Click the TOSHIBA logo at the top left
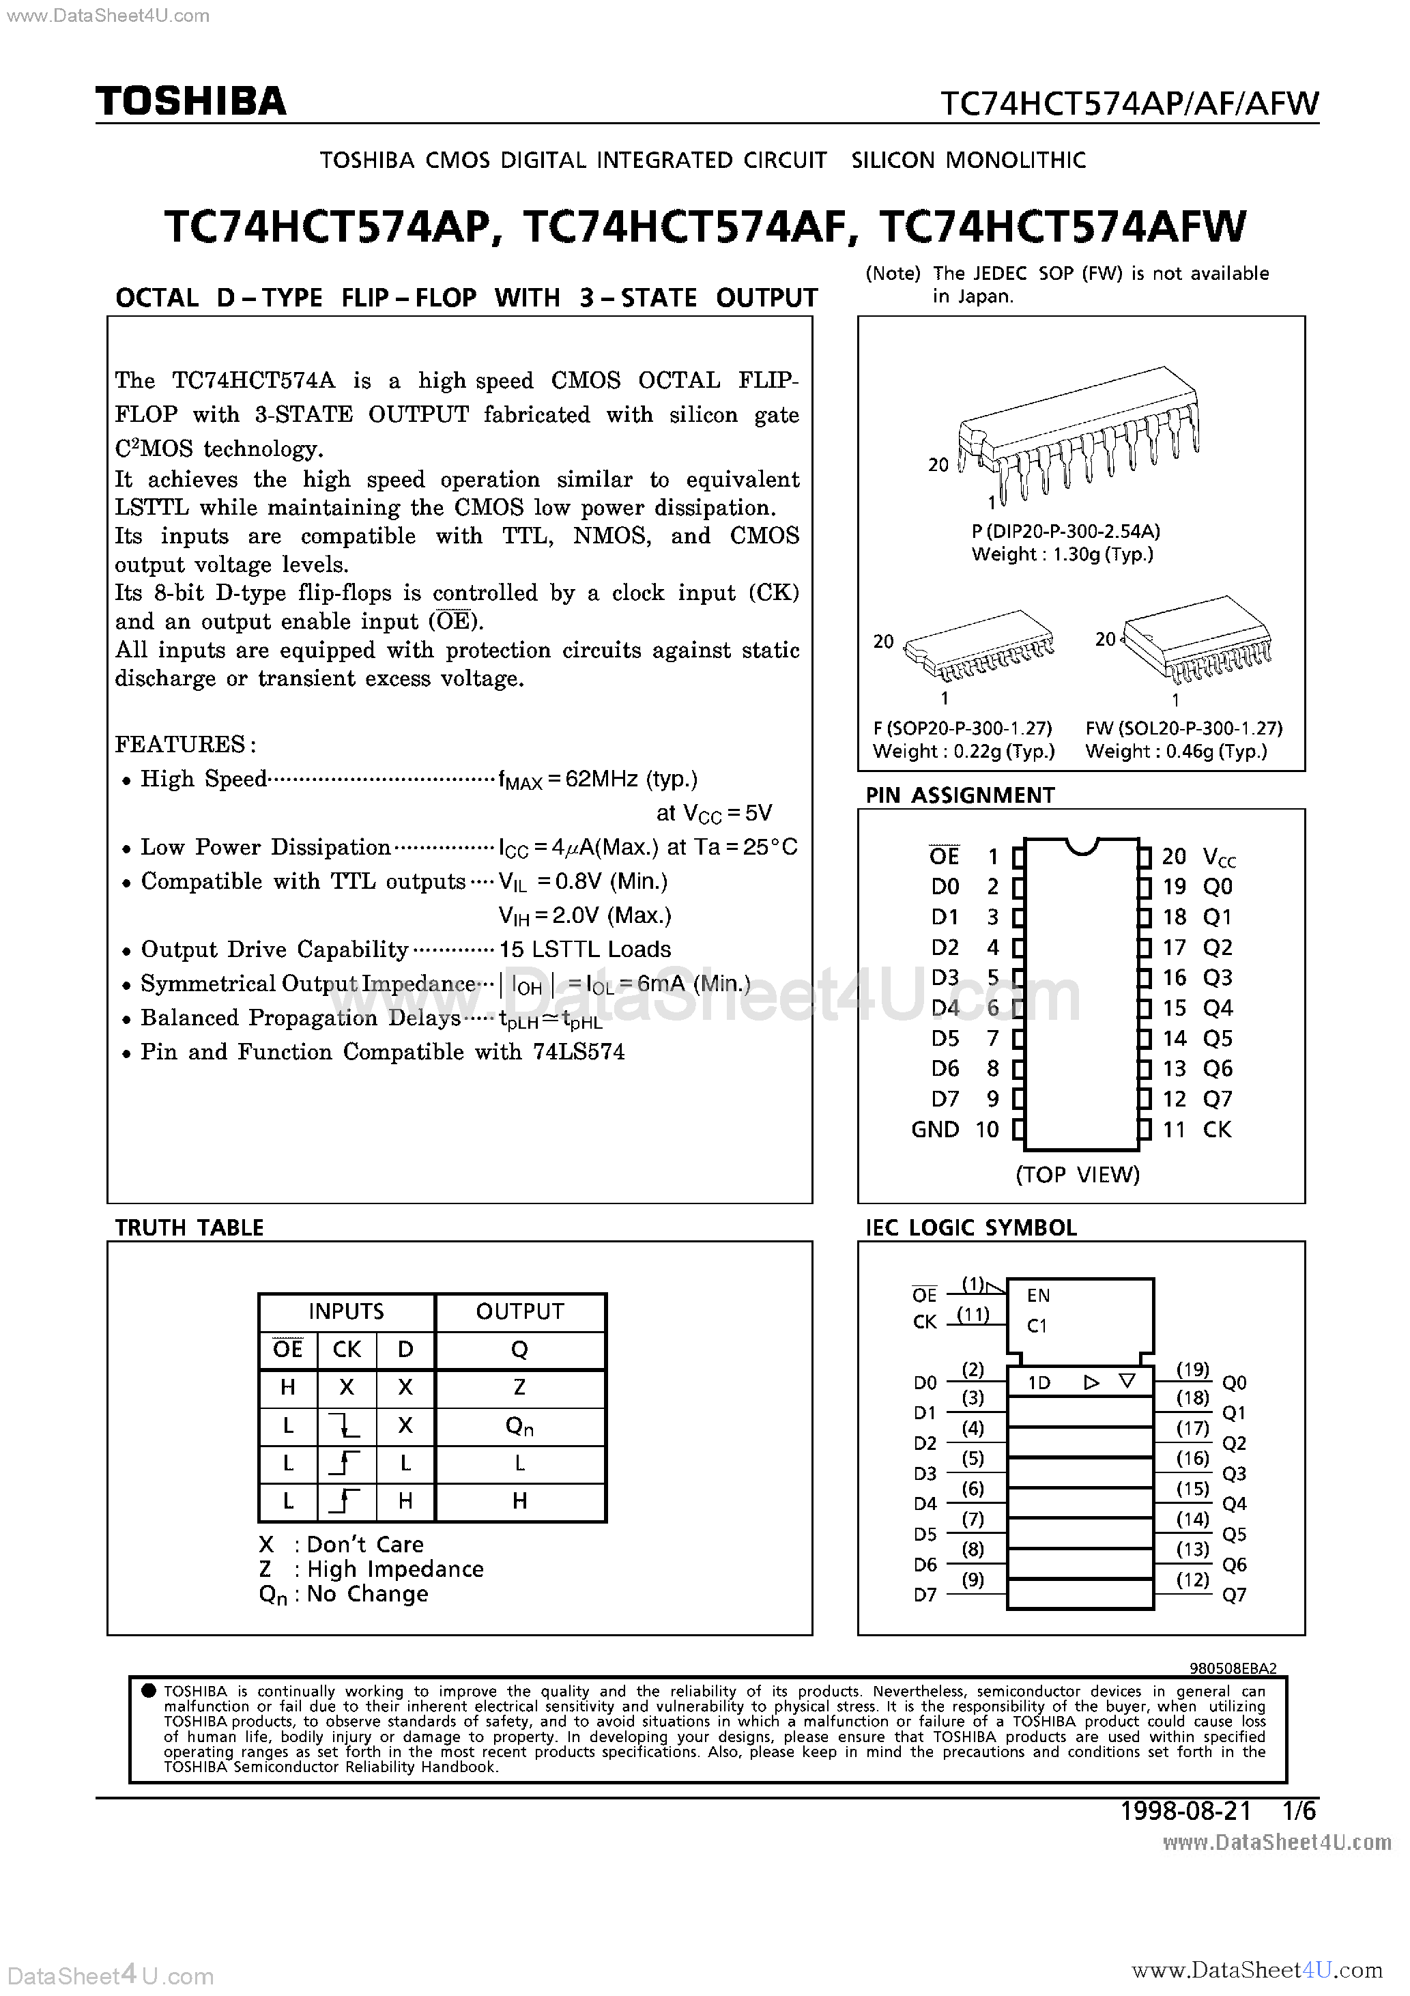tap(190, 102)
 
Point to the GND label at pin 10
tap(934, 1129)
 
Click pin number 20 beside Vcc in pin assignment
tap(1174, 856)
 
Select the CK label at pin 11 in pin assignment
tap(1217, 1129)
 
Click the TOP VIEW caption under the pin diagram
tap(1077, 1175)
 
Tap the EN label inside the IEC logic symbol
tap(1038, 1296)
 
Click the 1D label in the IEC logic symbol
tap(1039, 1383)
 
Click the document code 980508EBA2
tap(1233, 1668)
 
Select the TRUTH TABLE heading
tap(190, 1227)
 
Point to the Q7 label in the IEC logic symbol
tap(1235, 1595)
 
